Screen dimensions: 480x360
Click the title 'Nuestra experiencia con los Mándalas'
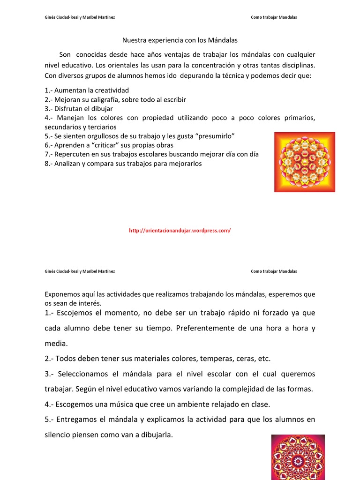coord(180,41)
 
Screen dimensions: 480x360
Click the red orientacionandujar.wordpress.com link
coord(180,231)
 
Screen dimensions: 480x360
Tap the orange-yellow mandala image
coord(304,162)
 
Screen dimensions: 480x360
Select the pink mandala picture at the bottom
coord(298,457)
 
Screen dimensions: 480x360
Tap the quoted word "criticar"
coord(99,145)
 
